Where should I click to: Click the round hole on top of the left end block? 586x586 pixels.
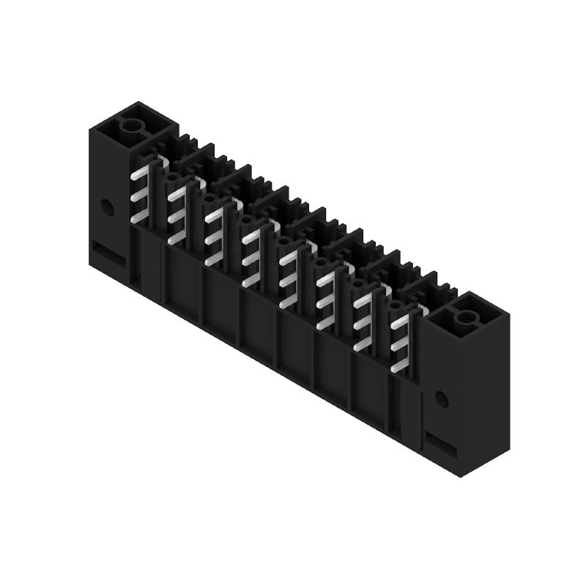[133, 125]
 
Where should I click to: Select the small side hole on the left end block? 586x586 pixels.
[107, 207]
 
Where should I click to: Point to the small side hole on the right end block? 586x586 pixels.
[440, 399]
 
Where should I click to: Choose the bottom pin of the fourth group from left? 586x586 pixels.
[251, 279]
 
